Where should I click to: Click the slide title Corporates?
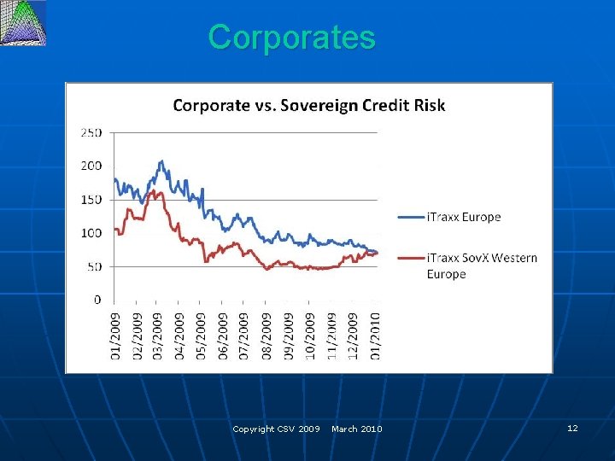pyautogui.click(x=291, y=38)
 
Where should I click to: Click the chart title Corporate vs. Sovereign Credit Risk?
pyautogui.click(x=308, y=106)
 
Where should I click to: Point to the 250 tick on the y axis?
pyautogui.click(x=91, y=133)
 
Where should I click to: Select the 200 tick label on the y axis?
pyautogui.click(x=91, y=166)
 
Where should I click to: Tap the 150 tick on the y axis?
pyautogui.click(x=91, y=200)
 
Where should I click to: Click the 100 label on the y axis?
pyautogui.click(x=91, y=233)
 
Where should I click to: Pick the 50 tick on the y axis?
pyautogui.click(x=94, y=266)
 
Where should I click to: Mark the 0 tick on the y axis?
pyautogui.click(x=97, y=300)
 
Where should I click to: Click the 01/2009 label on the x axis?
pyautogui.click(x=115, y=336)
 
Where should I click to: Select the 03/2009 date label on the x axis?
pyautogui.click(x=158, y=336)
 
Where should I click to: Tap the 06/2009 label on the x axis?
pyautogui.click(x=223, y=336)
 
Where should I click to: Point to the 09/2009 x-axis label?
pyautogui.click(x=288, y=336)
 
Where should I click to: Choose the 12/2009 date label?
pyautogui.click(x=353, y=336)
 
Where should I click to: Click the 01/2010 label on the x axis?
pyautogui.click(x=374, y=336)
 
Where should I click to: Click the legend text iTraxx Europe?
pyautogui.click(x=463, y=217)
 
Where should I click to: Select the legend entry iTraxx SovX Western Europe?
pyautogui.click(x=481, y=266)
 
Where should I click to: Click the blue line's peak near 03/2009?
pyautogui.click(x=161, y=160)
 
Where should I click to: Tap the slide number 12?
pyautogui.click(x=572, y=428)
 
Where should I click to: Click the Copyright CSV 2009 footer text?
pyautogui.click(x=276, y=429)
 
